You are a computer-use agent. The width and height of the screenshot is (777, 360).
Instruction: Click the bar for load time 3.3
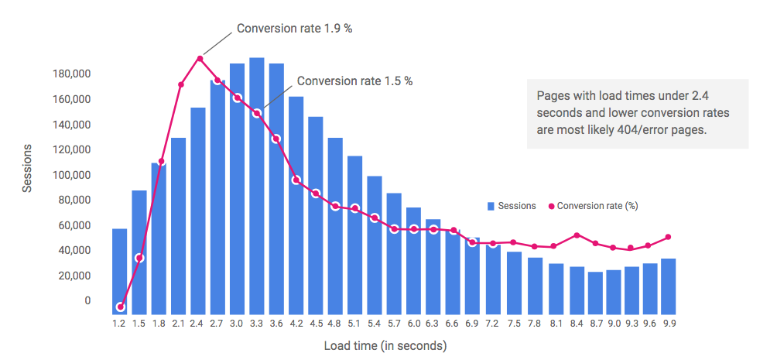[x=257, y=186]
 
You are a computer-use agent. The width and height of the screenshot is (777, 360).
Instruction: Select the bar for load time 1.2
[x=119, y=271]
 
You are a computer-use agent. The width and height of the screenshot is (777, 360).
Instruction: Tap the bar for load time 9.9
[x=668, y=286]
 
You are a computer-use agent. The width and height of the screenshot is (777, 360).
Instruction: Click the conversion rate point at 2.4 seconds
[x=200, y=59]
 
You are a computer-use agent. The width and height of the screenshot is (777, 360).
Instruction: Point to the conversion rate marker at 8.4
[x=577, y=235]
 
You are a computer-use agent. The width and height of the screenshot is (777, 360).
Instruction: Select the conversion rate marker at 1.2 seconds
[x=120, y=307]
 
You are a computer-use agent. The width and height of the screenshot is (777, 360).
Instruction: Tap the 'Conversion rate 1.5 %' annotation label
[x=354, y=81]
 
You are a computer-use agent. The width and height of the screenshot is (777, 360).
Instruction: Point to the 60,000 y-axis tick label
[x=76, y=225]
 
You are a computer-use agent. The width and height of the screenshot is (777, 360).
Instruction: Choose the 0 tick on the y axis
[x=87, y=300]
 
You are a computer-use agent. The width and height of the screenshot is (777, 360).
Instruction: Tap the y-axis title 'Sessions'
[x=27, y=167]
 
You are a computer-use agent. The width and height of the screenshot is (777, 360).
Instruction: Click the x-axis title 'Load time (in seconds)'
[x=385, y=345]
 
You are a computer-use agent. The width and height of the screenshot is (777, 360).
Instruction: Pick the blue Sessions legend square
[x=491, y=206]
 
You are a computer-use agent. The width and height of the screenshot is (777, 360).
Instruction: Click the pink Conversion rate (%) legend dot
[x=552, y=206]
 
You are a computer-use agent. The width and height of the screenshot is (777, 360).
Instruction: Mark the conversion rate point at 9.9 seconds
[x=668, y=237]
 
